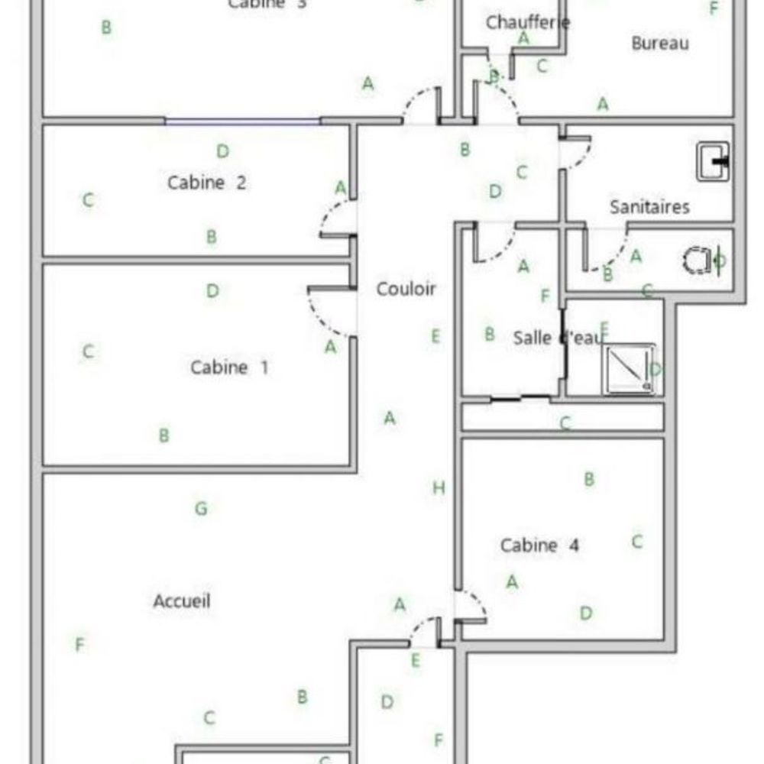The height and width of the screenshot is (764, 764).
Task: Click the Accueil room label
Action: click(182, 601)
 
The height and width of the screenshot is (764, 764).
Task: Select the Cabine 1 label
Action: click(229, 367)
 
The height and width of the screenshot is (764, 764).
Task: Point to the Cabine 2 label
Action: click(206, 183)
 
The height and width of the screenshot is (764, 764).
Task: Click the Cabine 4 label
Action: click(539, 545)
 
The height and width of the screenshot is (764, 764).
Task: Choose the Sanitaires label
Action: click(649, 206)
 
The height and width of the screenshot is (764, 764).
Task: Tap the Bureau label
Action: click(660, 44)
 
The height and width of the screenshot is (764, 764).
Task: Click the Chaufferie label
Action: click(528, 22)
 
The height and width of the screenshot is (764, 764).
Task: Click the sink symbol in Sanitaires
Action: click(712, 161)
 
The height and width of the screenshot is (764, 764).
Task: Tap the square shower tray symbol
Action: click(628, 369)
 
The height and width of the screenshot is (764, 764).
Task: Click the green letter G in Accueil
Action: click(201, 508)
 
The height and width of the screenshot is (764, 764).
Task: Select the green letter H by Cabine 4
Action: click(439, 488)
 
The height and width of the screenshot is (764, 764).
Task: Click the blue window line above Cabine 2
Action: click(242, 121)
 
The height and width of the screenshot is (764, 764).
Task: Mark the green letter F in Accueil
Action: click(79, 646)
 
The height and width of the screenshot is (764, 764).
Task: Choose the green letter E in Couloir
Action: click(435, 336)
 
